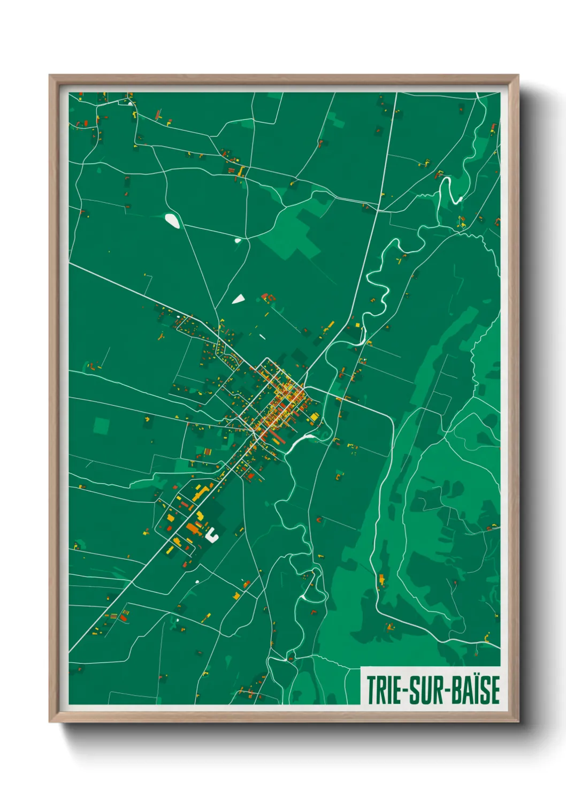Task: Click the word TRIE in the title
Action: tap(385, 690)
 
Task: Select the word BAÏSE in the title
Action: tap(476, 690)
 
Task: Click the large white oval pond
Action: tap(172, 220)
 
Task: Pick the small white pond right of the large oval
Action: tap(238, 241)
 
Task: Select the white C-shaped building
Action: tap(212, 534)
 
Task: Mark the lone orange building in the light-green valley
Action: tap(381, 579)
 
